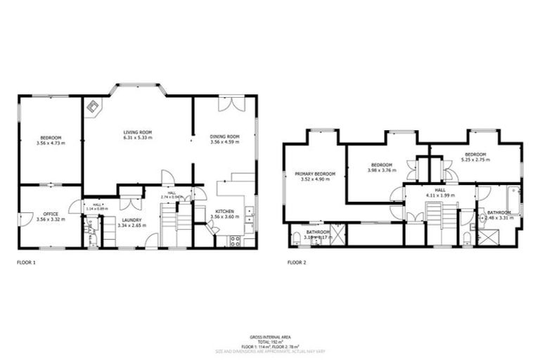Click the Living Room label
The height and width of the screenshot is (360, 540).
tap(138, 131)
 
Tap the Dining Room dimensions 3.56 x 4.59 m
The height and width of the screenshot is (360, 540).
tap(225, 143)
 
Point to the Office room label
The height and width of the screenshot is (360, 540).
tap(50, 214)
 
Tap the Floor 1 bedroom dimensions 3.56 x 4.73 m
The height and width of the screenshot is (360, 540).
tap(50, 143)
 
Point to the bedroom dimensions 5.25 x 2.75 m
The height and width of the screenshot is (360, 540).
tap(476, 160)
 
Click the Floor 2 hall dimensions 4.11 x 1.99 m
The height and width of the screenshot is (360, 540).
tap(440, 195)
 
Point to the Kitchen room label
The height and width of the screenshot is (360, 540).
tap(224, 211)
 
